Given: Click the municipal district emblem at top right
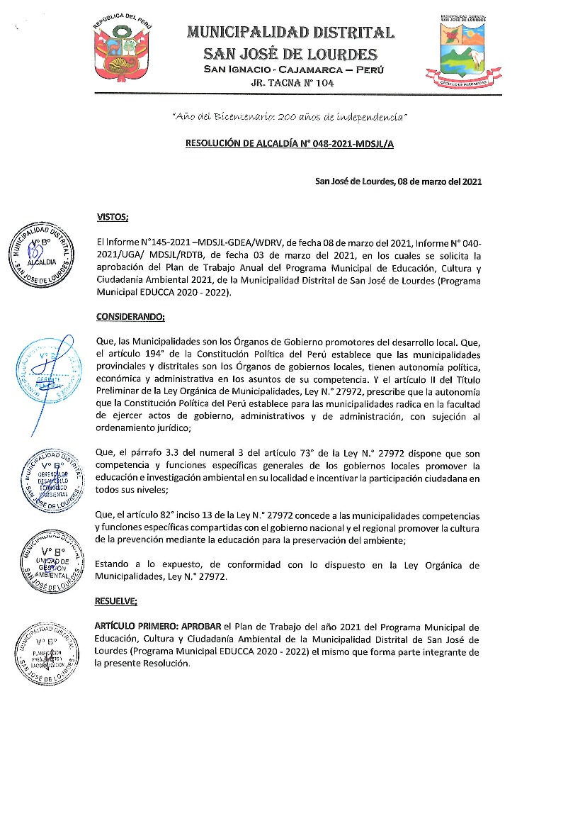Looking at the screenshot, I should coord(465,50).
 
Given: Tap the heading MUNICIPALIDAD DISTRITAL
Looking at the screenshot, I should coord(291,32).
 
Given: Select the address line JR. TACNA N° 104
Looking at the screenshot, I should coord(292,83).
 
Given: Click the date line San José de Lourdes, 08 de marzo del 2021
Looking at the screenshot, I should coord(398,181).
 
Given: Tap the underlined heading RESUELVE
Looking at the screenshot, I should coord(116,601).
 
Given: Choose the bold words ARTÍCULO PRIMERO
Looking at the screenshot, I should coord(135,627).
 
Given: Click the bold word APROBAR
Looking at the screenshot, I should coord(201,627).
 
